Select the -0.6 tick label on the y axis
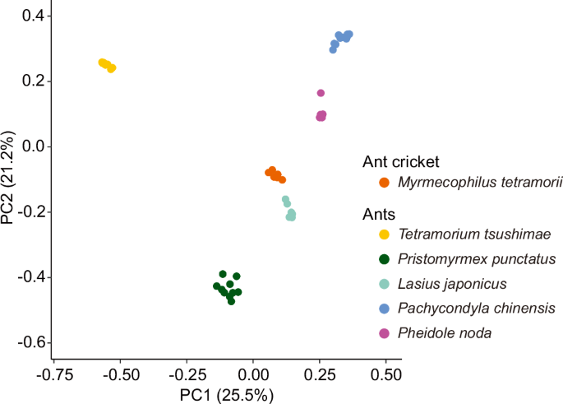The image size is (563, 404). [x=16, y=342]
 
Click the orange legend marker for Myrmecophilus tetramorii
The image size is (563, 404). [x=384, y=183]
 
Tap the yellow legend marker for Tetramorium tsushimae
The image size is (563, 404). [x=384, y=235]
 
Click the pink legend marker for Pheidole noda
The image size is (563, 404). [x=384, y=333]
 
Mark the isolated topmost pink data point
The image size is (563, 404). [x=321, y=93]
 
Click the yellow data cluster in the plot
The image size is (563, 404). [x=107, y=65]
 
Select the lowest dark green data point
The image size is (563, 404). [x=231, y=301]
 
